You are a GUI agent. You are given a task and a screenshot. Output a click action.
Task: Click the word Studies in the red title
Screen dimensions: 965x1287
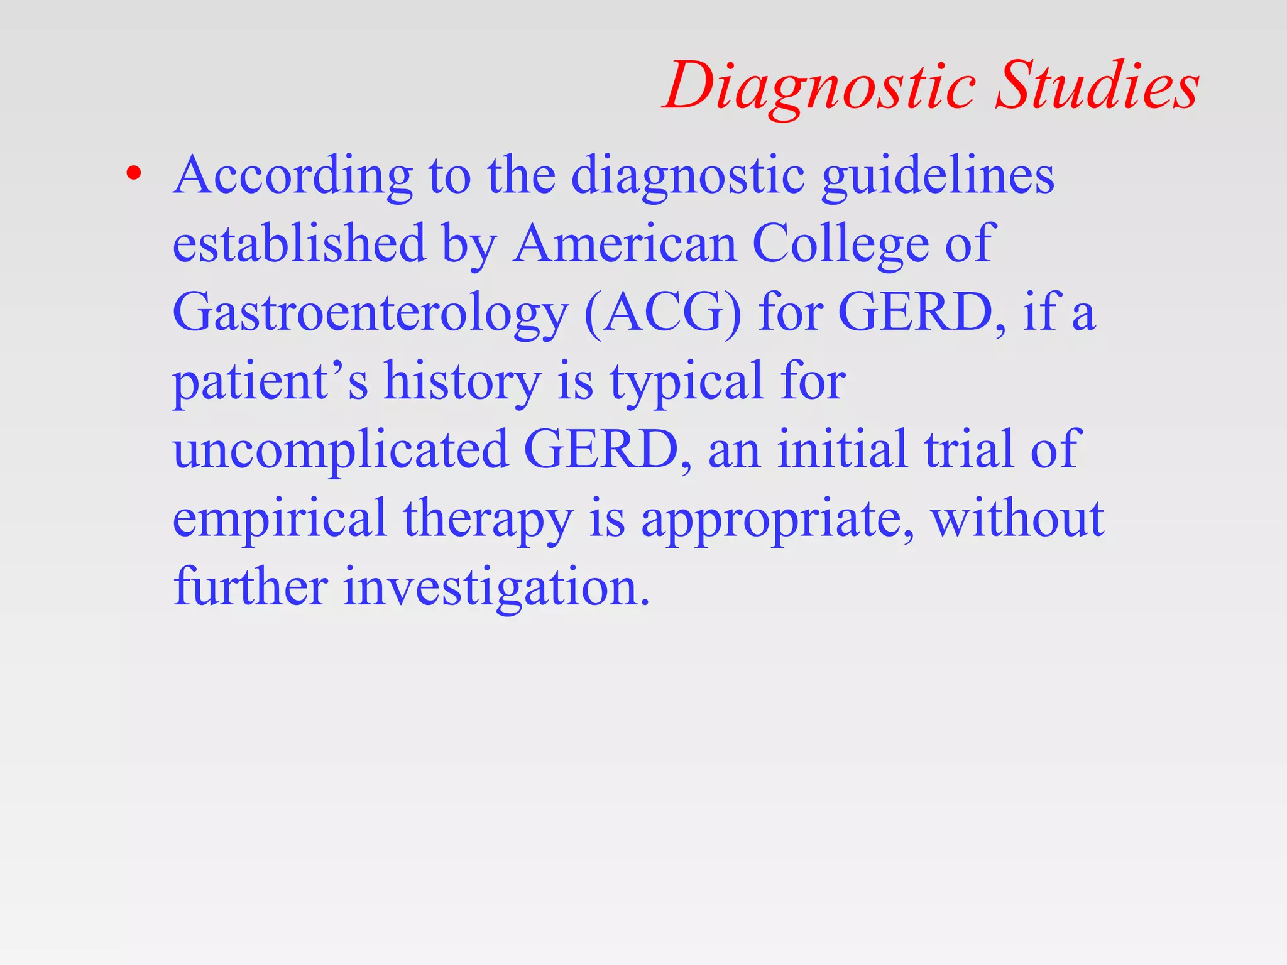coord(1097,85)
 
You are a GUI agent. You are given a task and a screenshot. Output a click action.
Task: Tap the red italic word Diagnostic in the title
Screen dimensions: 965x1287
coord(819,87)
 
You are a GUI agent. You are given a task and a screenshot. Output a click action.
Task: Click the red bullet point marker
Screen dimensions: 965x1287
coord(133,174)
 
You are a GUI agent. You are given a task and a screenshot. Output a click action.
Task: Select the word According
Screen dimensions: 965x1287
coord(293,176)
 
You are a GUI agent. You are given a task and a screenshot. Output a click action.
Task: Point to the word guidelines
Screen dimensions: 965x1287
coord(938,176)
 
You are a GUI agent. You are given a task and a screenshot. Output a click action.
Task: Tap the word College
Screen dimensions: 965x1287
coord(841,245)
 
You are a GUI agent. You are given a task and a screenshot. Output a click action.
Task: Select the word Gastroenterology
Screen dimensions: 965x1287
coord(370,313)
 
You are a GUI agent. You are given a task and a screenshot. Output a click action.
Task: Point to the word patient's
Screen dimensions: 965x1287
coord(270,381)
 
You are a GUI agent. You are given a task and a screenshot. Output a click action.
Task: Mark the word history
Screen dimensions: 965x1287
coord(463,381)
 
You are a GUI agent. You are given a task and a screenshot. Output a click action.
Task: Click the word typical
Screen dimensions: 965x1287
coord(686,383)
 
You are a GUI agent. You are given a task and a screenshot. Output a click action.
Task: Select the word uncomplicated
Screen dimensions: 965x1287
coord(340,450)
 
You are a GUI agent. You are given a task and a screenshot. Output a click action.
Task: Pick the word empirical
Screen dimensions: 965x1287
coord(279,519)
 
